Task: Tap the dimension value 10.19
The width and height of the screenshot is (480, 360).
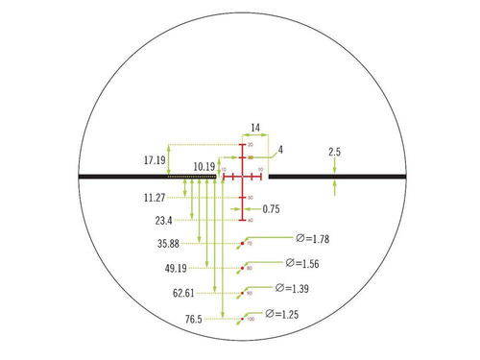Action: (x=203, y=166)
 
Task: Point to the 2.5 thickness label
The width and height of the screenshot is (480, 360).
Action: (x=334, y=152)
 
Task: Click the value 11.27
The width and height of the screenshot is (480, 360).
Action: (x=154, y=198)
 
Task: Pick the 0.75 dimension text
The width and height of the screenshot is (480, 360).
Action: (x=271, y=208)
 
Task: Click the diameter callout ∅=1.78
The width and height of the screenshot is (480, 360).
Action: (x=313, y=238)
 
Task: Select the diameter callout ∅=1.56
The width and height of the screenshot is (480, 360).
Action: (x=303, y=263)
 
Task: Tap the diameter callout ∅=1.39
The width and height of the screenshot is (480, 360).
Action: (x=294, y=288)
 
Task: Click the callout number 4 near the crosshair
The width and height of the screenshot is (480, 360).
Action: (x=280, y=150)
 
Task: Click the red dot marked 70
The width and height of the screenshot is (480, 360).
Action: (x=241, y=245)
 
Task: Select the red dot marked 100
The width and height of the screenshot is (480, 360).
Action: (x=241, y=318)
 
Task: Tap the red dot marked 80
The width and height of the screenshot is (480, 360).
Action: (x=241, y=269)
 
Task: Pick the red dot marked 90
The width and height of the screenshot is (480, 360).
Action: (x=241, y=294)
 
